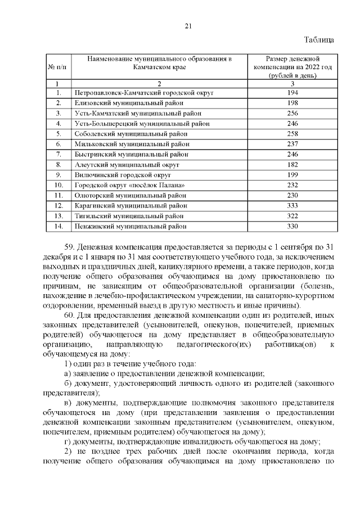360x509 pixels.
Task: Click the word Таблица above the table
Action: point(319,40)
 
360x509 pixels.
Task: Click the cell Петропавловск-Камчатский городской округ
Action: point(145,92)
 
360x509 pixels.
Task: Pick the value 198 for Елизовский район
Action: point(292,103)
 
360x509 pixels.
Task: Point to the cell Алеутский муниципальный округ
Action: point(127,165)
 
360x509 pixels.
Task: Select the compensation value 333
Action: point(292,206)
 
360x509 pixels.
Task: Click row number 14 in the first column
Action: point(58,227)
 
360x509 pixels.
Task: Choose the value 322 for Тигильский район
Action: point(292,216)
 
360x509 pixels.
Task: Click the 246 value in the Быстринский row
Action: point(292,154)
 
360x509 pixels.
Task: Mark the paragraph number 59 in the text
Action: point(70,246)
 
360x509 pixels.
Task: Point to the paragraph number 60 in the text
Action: point(70,313)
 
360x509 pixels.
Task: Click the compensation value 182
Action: point(292,165)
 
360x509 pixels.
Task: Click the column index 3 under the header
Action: point(292,83)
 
